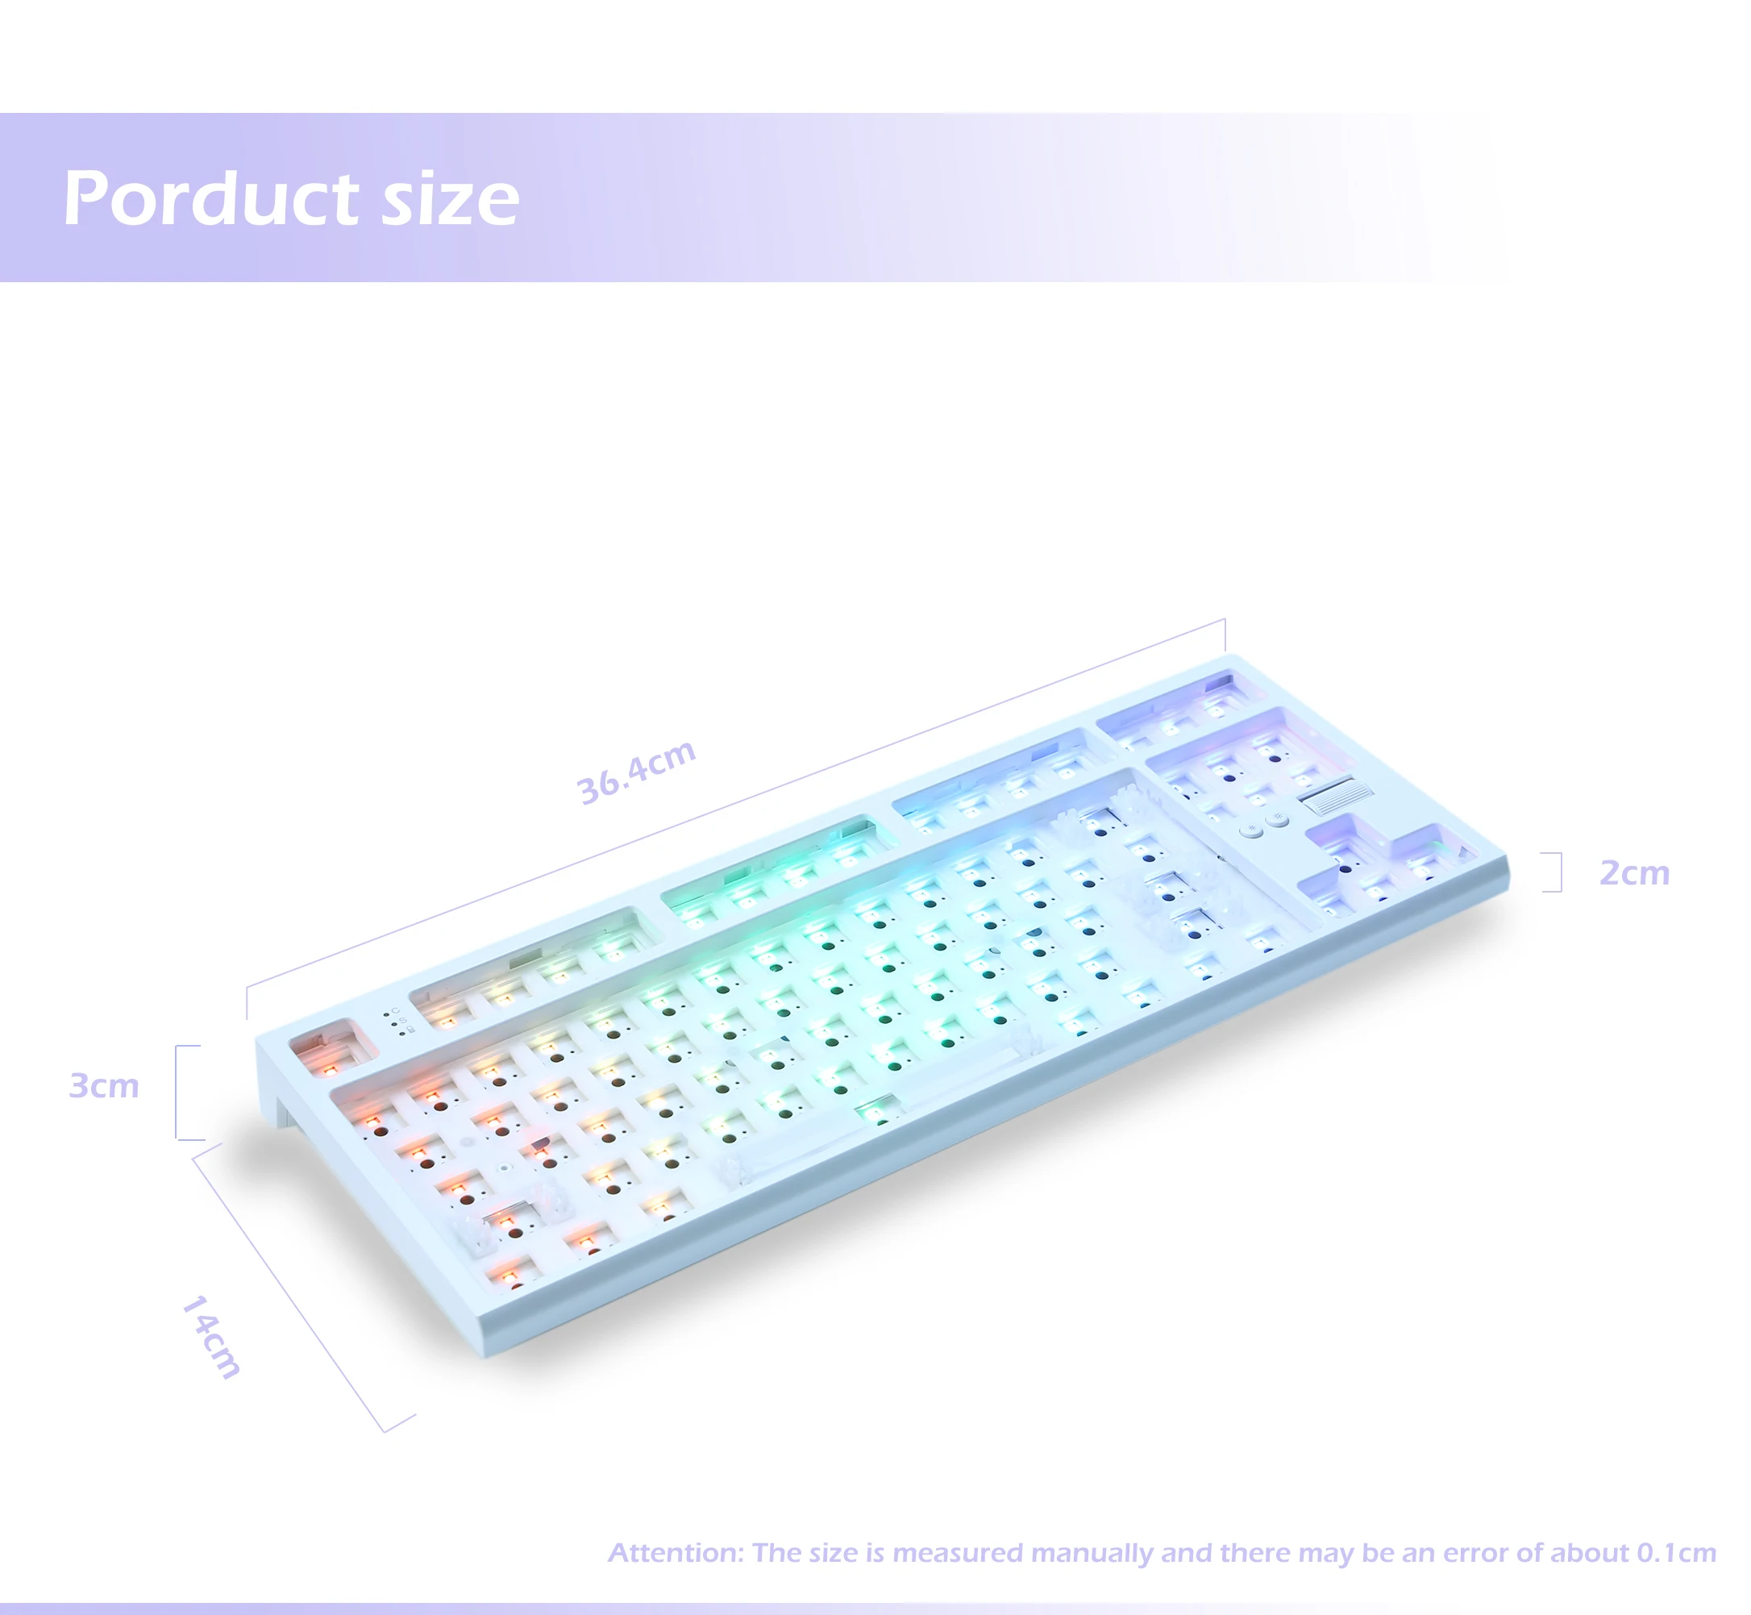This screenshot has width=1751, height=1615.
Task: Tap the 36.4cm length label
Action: [637, 772]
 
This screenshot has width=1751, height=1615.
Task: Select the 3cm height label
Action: [104, 1086]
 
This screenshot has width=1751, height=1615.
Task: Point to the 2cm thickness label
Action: [1634, 873]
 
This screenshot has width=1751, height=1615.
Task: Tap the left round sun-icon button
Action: [1252, 830]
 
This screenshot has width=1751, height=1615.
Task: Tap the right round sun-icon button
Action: [1278, 819]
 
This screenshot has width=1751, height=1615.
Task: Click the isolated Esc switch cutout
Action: [325, 1048]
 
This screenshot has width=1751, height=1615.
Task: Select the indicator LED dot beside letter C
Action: [385, 1015]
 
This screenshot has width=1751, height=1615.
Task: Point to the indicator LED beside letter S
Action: [393, 1024]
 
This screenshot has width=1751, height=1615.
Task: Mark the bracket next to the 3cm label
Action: [177, 1093]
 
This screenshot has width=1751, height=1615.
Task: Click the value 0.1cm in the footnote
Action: [1677, 1553]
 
